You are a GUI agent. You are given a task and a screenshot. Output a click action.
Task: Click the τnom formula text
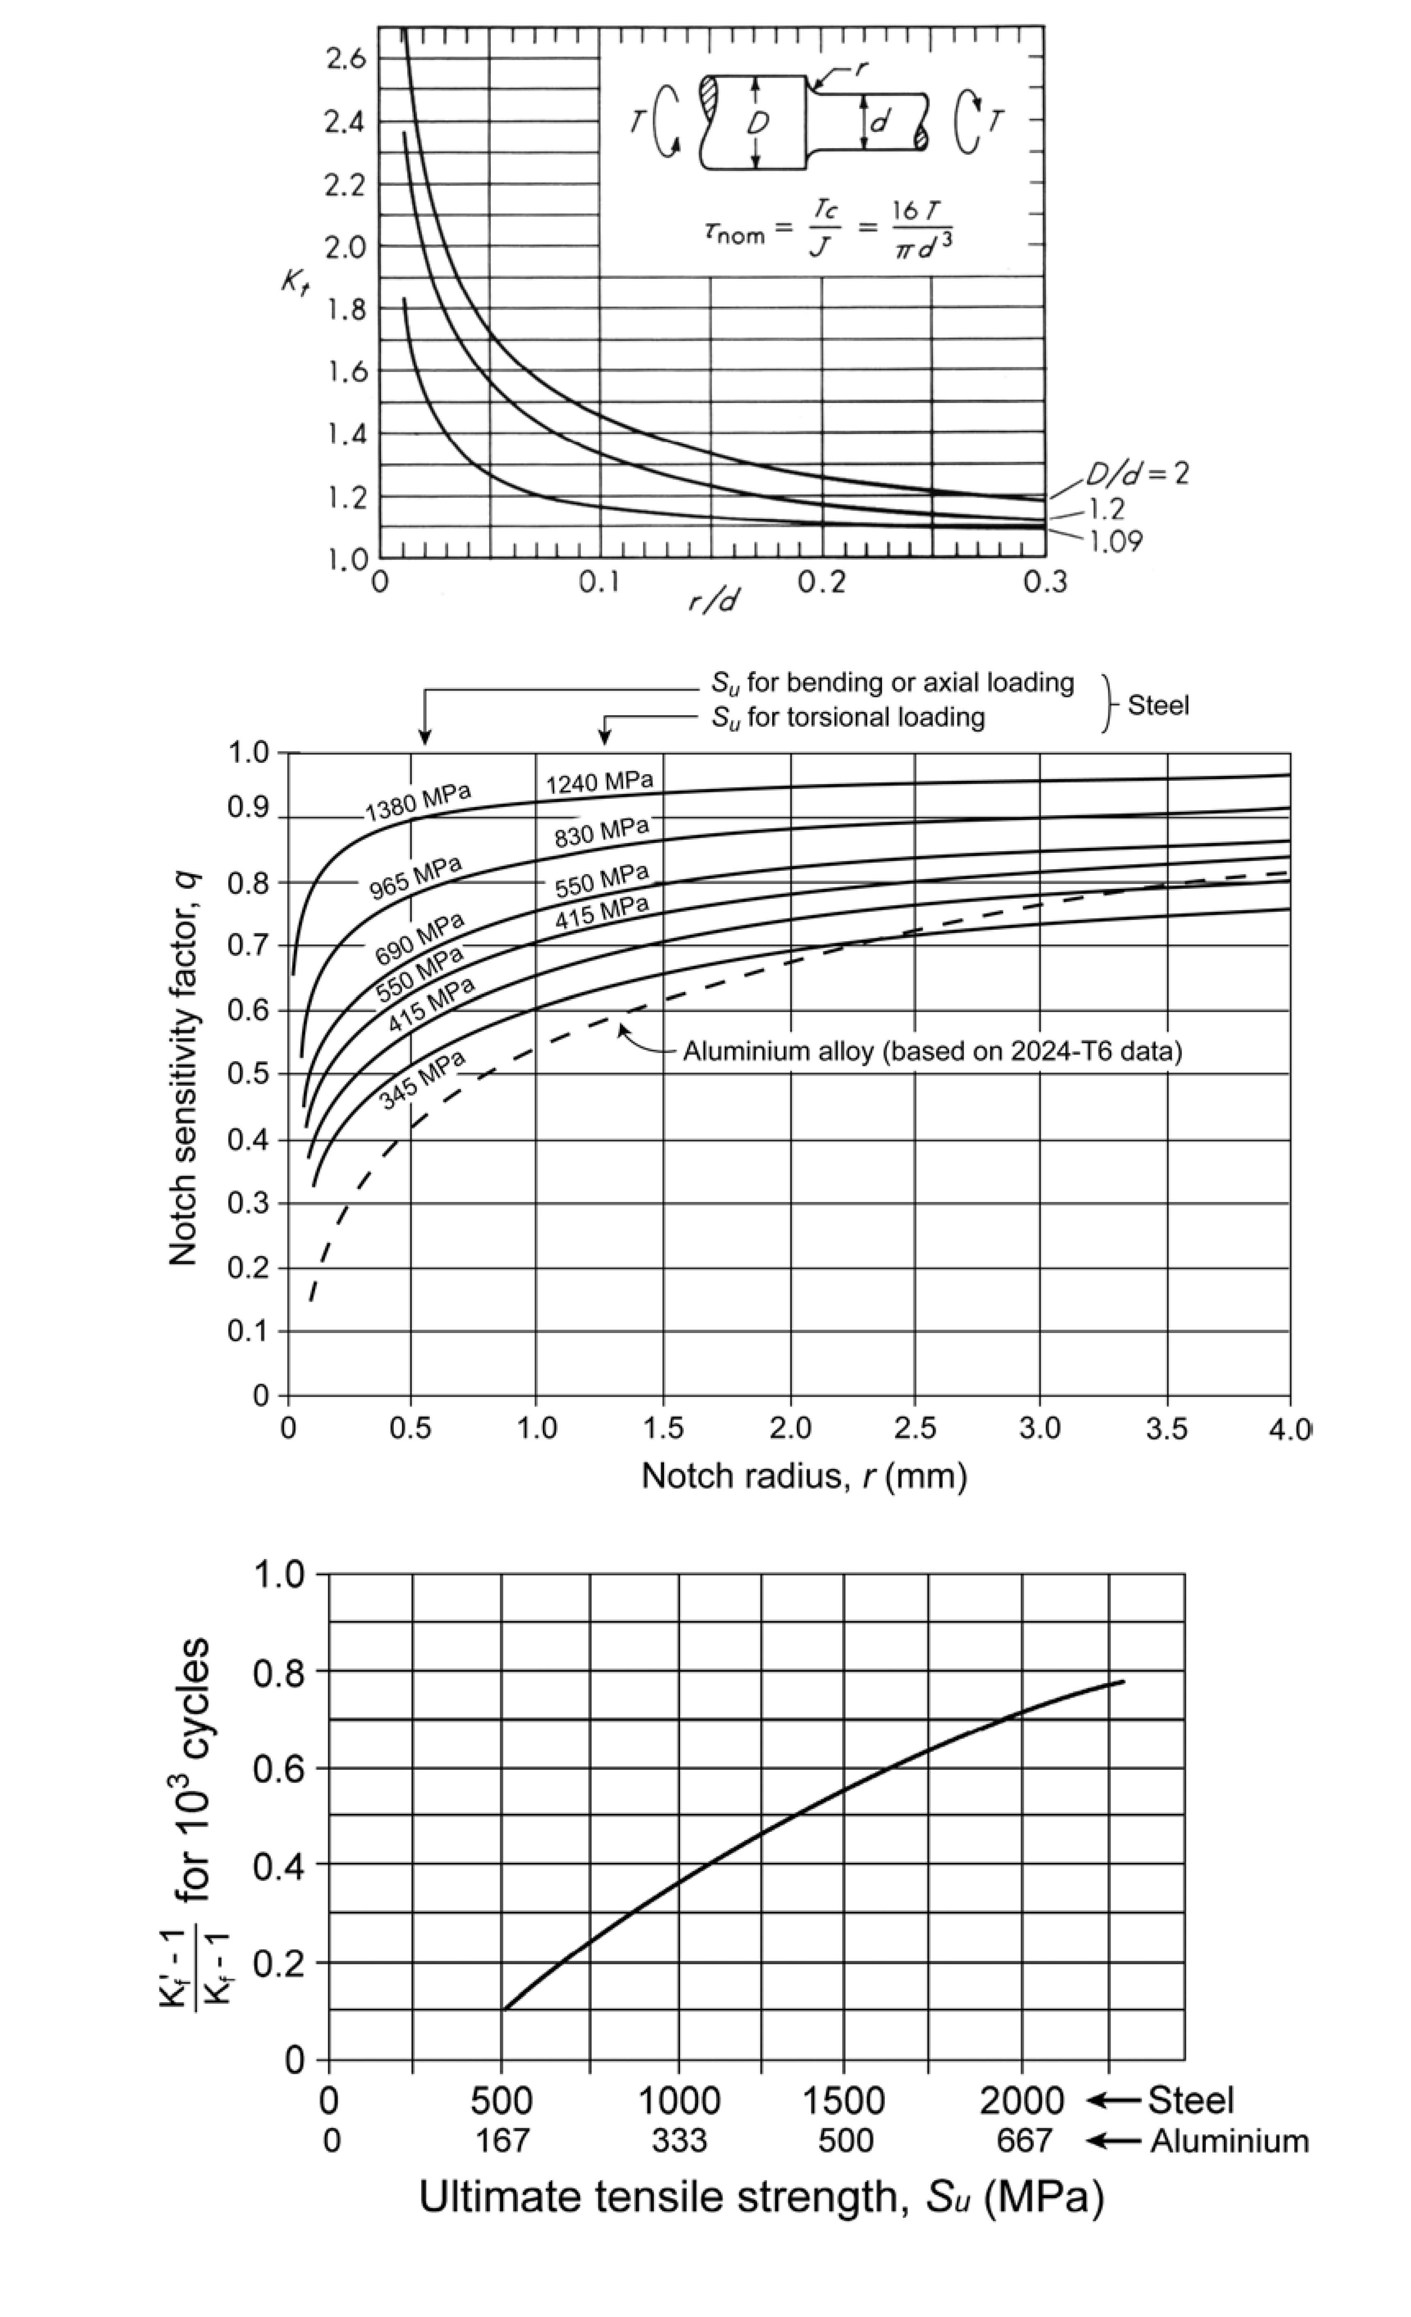(828, 228)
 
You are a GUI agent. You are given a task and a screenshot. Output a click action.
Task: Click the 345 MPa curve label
(423, 1080)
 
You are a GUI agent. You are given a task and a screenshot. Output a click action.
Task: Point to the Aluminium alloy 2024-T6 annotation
(931, 1050)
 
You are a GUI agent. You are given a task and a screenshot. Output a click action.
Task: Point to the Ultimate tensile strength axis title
(760, 2197)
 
